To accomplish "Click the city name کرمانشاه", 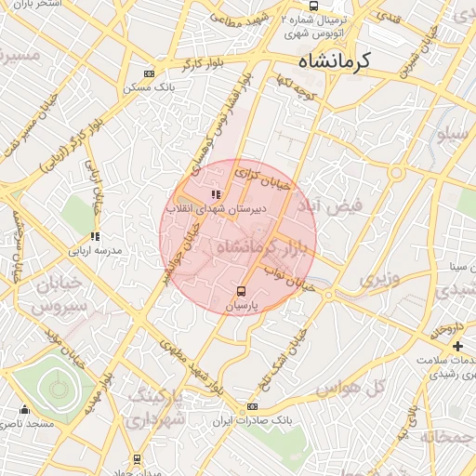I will tap(335, 60).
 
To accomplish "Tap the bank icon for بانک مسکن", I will tap(149, 74).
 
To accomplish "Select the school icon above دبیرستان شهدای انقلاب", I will tap(216, 195).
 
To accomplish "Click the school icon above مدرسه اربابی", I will tap(94, 236).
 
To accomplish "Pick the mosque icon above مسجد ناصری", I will tap(24, 410).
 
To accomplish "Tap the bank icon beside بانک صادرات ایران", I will tap(253, 407).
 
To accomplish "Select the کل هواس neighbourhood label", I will tap(364, 386).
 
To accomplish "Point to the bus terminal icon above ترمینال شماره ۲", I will tap(312, 6).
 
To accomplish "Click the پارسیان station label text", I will tap(241, 304).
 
